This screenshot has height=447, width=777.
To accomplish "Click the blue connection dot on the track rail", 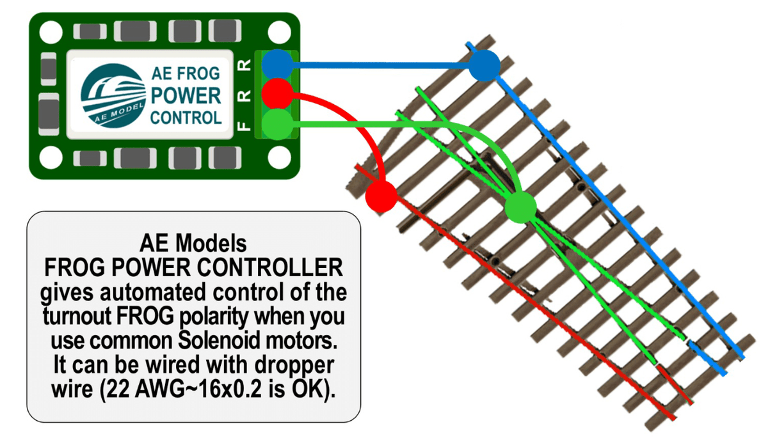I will [485, 65].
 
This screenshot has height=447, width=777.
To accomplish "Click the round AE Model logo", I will [113, 96].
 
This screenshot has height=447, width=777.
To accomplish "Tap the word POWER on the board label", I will [186, 96].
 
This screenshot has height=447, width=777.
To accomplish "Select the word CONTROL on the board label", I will [186, 118].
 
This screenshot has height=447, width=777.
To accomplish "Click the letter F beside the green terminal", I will [244, 125].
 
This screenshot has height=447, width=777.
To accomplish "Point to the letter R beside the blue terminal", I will [244, 65].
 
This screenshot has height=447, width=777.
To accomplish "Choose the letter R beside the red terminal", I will [244, 95].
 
